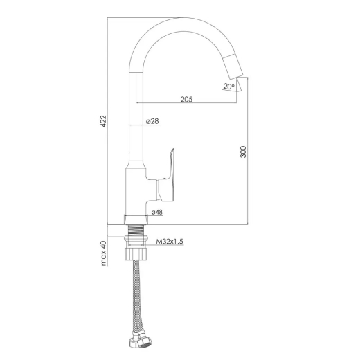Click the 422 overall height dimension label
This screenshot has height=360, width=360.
103,120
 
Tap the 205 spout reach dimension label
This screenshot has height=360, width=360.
186,99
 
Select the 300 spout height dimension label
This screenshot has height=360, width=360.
243,152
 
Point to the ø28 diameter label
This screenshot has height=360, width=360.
152,121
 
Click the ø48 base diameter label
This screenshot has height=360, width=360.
157,212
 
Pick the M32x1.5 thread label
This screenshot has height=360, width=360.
170,242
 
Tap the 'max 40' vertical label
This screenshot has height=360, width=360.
104,253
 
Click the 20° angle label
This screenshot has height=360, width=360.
229,87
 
